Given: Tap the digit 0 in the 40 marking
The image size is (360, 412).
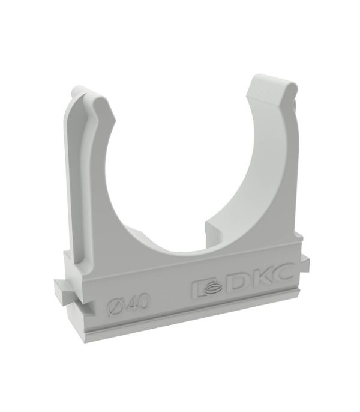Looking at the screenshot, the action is pos(143,301).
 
